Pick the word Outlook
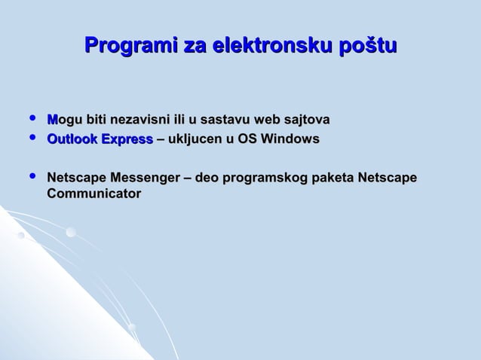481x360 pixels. click(x=72, y=139)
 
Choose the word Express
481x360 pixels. click(x=127, y=139)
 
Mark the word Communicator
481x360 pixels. click(x=93, y=194)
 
